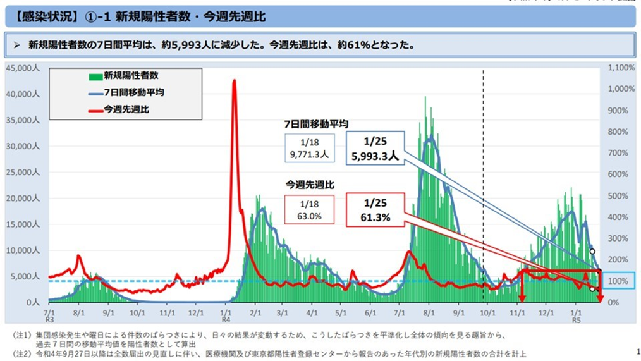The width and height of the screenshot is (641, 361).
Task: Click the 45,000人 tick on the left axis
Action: pyautogui.click(x=23, y=68)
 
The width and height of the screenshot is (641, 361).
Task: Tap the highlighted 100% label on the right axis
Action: pyautogui.click(x=618, y=281)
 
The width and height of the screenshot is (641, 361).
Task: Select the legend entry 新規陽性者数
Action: pyautogui.click(x=124, y=76)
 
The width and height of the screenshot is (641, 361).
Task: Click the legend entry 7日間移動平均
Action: pyautogui.click(x=126, y=93)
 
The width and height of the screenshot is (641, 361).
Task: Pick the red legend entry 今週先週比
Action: pyautogui.click(x=119, y=109)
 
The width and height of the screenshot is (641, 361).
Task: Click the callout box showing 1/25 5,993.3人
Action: pyautogui.click(x=375, y=148)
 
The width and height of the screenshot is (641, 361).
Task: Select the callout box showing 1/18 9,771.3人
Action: pyautogui.click(x=310, y=148)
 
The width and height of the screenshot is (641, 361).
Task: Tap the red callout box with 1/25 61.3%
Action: pyautogui.click(x=375, y=210)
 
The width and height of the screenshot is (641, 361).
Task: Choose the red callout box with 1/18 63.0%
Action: pyautogui.click(x=310, y=210)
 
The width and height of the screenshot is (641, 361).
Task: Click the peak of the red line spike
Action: pyautogui.click(x=235, y=80)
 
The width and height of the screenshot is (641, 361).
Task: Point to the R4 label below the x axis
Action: pyautogui.click(x=226, y=320)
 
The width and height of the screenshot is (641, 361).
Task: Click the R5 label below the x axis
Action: pyautogui.click(x=576, y=320)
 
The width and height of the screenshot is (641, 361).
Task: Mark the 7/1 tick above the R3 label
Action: pyautogui.click(x=49, y=312)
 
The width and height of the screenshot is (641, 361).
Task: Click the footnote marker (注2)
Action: pyautogui.click(x=23, y=353)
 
